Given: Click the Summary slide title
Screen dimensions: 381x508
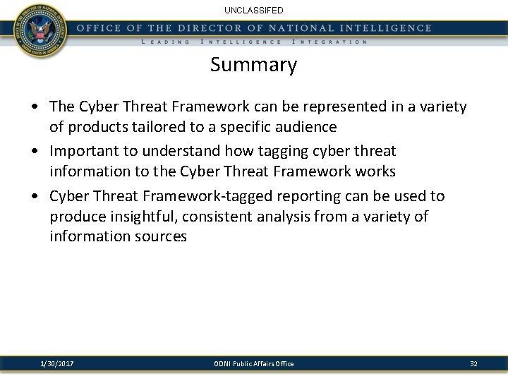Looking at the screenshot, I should (x=253, y=66).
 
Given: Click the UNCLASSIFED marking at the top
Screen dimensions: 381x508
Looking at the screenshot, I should (x=253, y=11).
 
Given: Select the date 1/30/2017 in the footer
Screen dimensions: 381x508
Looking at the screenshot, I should (x=58, y=363).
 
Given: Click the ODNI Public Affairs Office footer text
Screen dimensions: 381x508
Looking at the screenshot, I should (x=254, y=363).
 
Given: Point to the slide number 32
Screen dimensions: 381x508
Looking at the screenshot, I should (x=473, y=363).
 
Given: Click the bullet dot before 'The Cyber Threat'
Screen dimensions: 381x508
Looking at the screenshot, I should (x=35, y=107).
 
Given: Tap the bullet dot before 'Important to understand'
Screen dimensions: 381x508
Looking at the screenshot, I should (x=35, y=152).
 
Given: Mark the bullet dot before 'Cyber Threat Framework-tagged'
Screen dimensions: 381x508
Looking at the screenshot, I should (x=35, y=196).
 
